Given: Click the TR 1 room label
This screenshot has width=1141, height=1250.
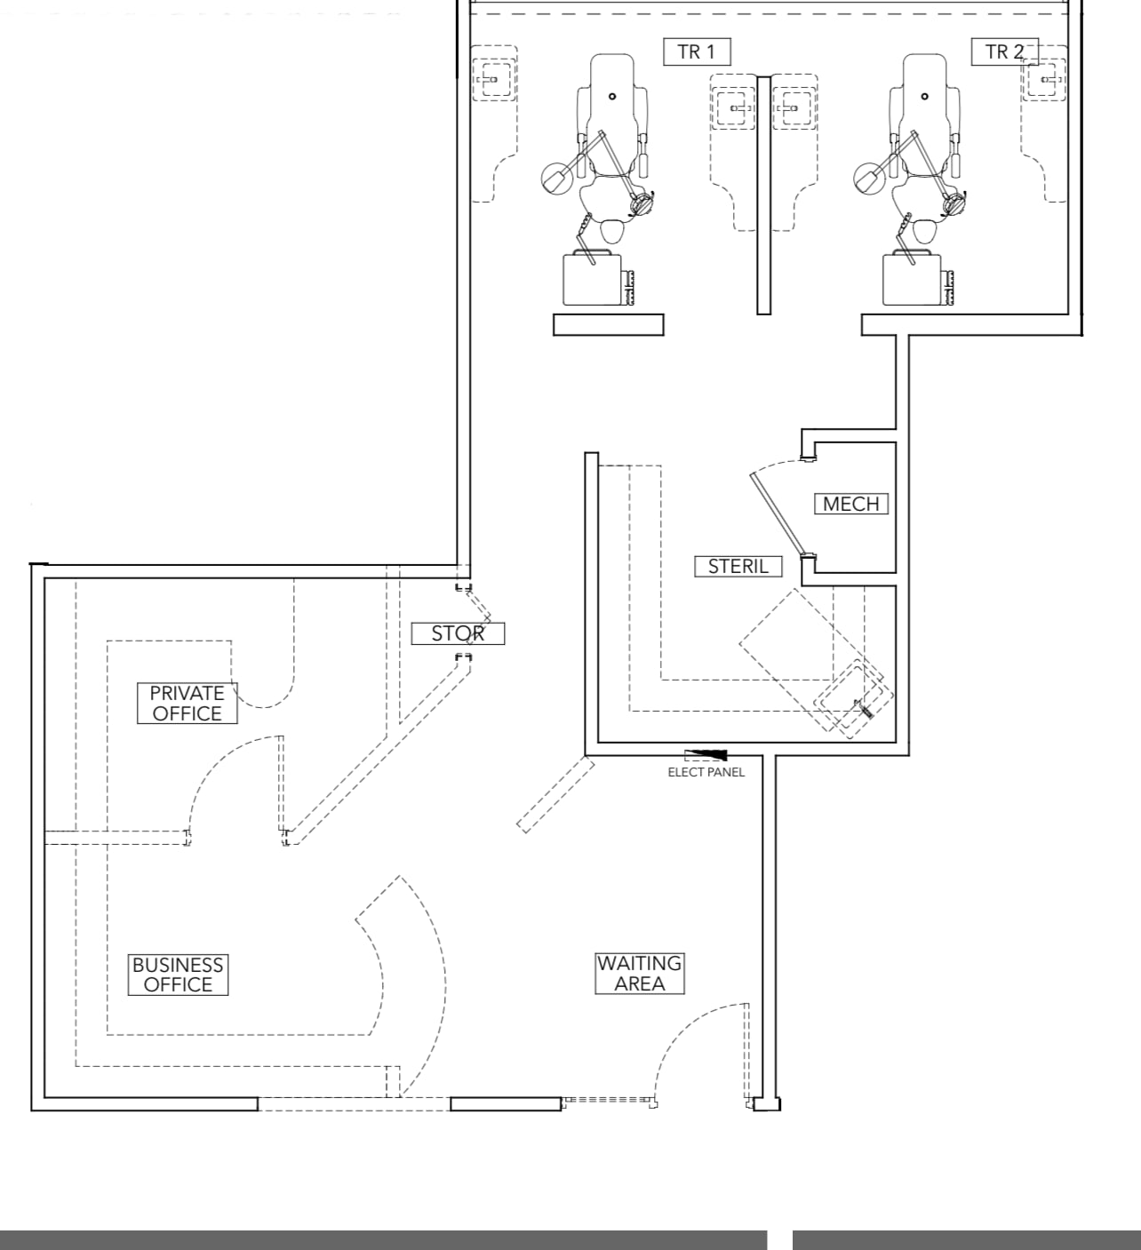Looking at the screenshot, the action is tap(697, 52).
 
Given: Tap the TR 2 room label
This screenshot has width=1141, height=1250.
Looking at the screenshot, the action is tap(1004, 52).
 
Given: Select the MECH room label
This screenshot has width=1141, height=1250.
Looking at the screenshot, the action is tap(851, 504).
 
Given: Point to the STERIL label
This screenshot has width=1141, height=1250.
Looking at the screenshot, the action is tap(738, 566).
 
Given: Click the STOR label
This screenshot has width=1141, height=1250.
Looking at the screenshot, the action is tap(458, 633).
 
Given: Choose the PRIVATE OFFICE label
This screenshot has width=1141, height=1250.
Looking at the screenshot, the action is tap(187, 703).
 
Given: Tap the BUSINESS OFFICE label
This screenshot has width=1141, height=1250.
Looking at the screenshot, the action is tap(178, 975).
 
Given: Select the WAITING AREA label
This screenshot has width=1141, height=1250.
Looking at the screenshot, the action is tap(640, 974).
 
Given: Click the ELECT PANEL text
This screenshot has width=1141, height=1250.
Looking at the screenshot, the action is tap(706, 772).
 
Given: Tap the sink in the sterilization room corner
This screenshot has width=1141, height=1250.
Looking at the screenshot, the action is tap(853, 698).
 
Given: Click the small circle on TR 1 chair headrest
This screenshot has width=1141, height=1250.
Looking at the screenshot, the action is tap(612, 96).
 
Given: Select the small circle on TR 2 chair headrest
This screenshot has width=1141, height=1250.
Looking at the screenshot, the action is tap(925, 96).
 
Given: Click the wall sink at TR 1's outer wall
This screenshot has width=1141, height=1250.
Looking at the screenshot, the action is tap(492, 80).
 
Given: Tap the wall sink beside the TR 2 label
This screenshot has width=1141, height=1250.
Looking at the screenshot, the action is tap(1045, 80).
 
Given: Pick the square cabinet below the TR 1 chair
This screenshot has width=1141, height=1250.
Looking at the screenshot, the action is tap(593, 279).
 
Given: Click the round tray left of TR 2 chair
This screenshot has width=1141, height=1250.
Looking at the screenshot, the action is tap(869, 178).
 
